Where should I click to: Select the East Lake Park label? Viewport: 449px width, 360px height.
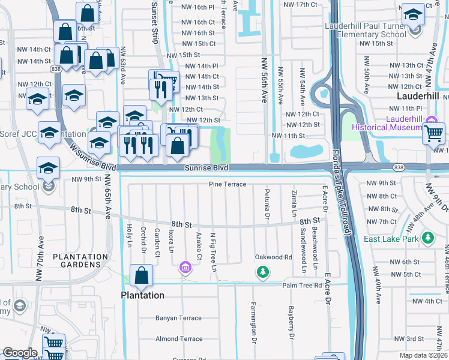click(390, 239)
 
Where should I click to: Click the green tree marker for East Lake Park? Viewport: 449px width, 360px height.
click(427, 238)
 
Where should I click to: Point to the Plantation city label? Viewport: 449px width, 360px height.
click(143, 295)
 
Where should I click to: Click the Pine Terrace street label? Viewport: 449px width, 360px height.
click(228, 184)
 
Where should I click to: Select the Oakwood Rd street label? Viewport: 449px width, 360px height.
click(273, 257)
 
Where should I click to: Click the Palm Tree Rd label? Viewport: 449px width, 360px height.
click(303, 285)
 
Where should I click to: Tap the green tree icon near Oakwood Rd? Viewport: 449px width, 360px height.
click(262, 274)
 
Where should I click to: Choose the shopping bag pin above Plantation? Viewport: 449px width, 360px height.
click(142, 277)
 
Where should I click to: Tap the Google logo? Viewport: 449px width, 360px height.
click(20, 353)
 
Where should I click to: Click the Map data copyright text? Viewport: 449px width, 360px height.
click(423, 355)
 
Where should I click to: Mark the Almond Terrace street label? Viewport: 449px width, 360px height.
click(179, 339)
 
